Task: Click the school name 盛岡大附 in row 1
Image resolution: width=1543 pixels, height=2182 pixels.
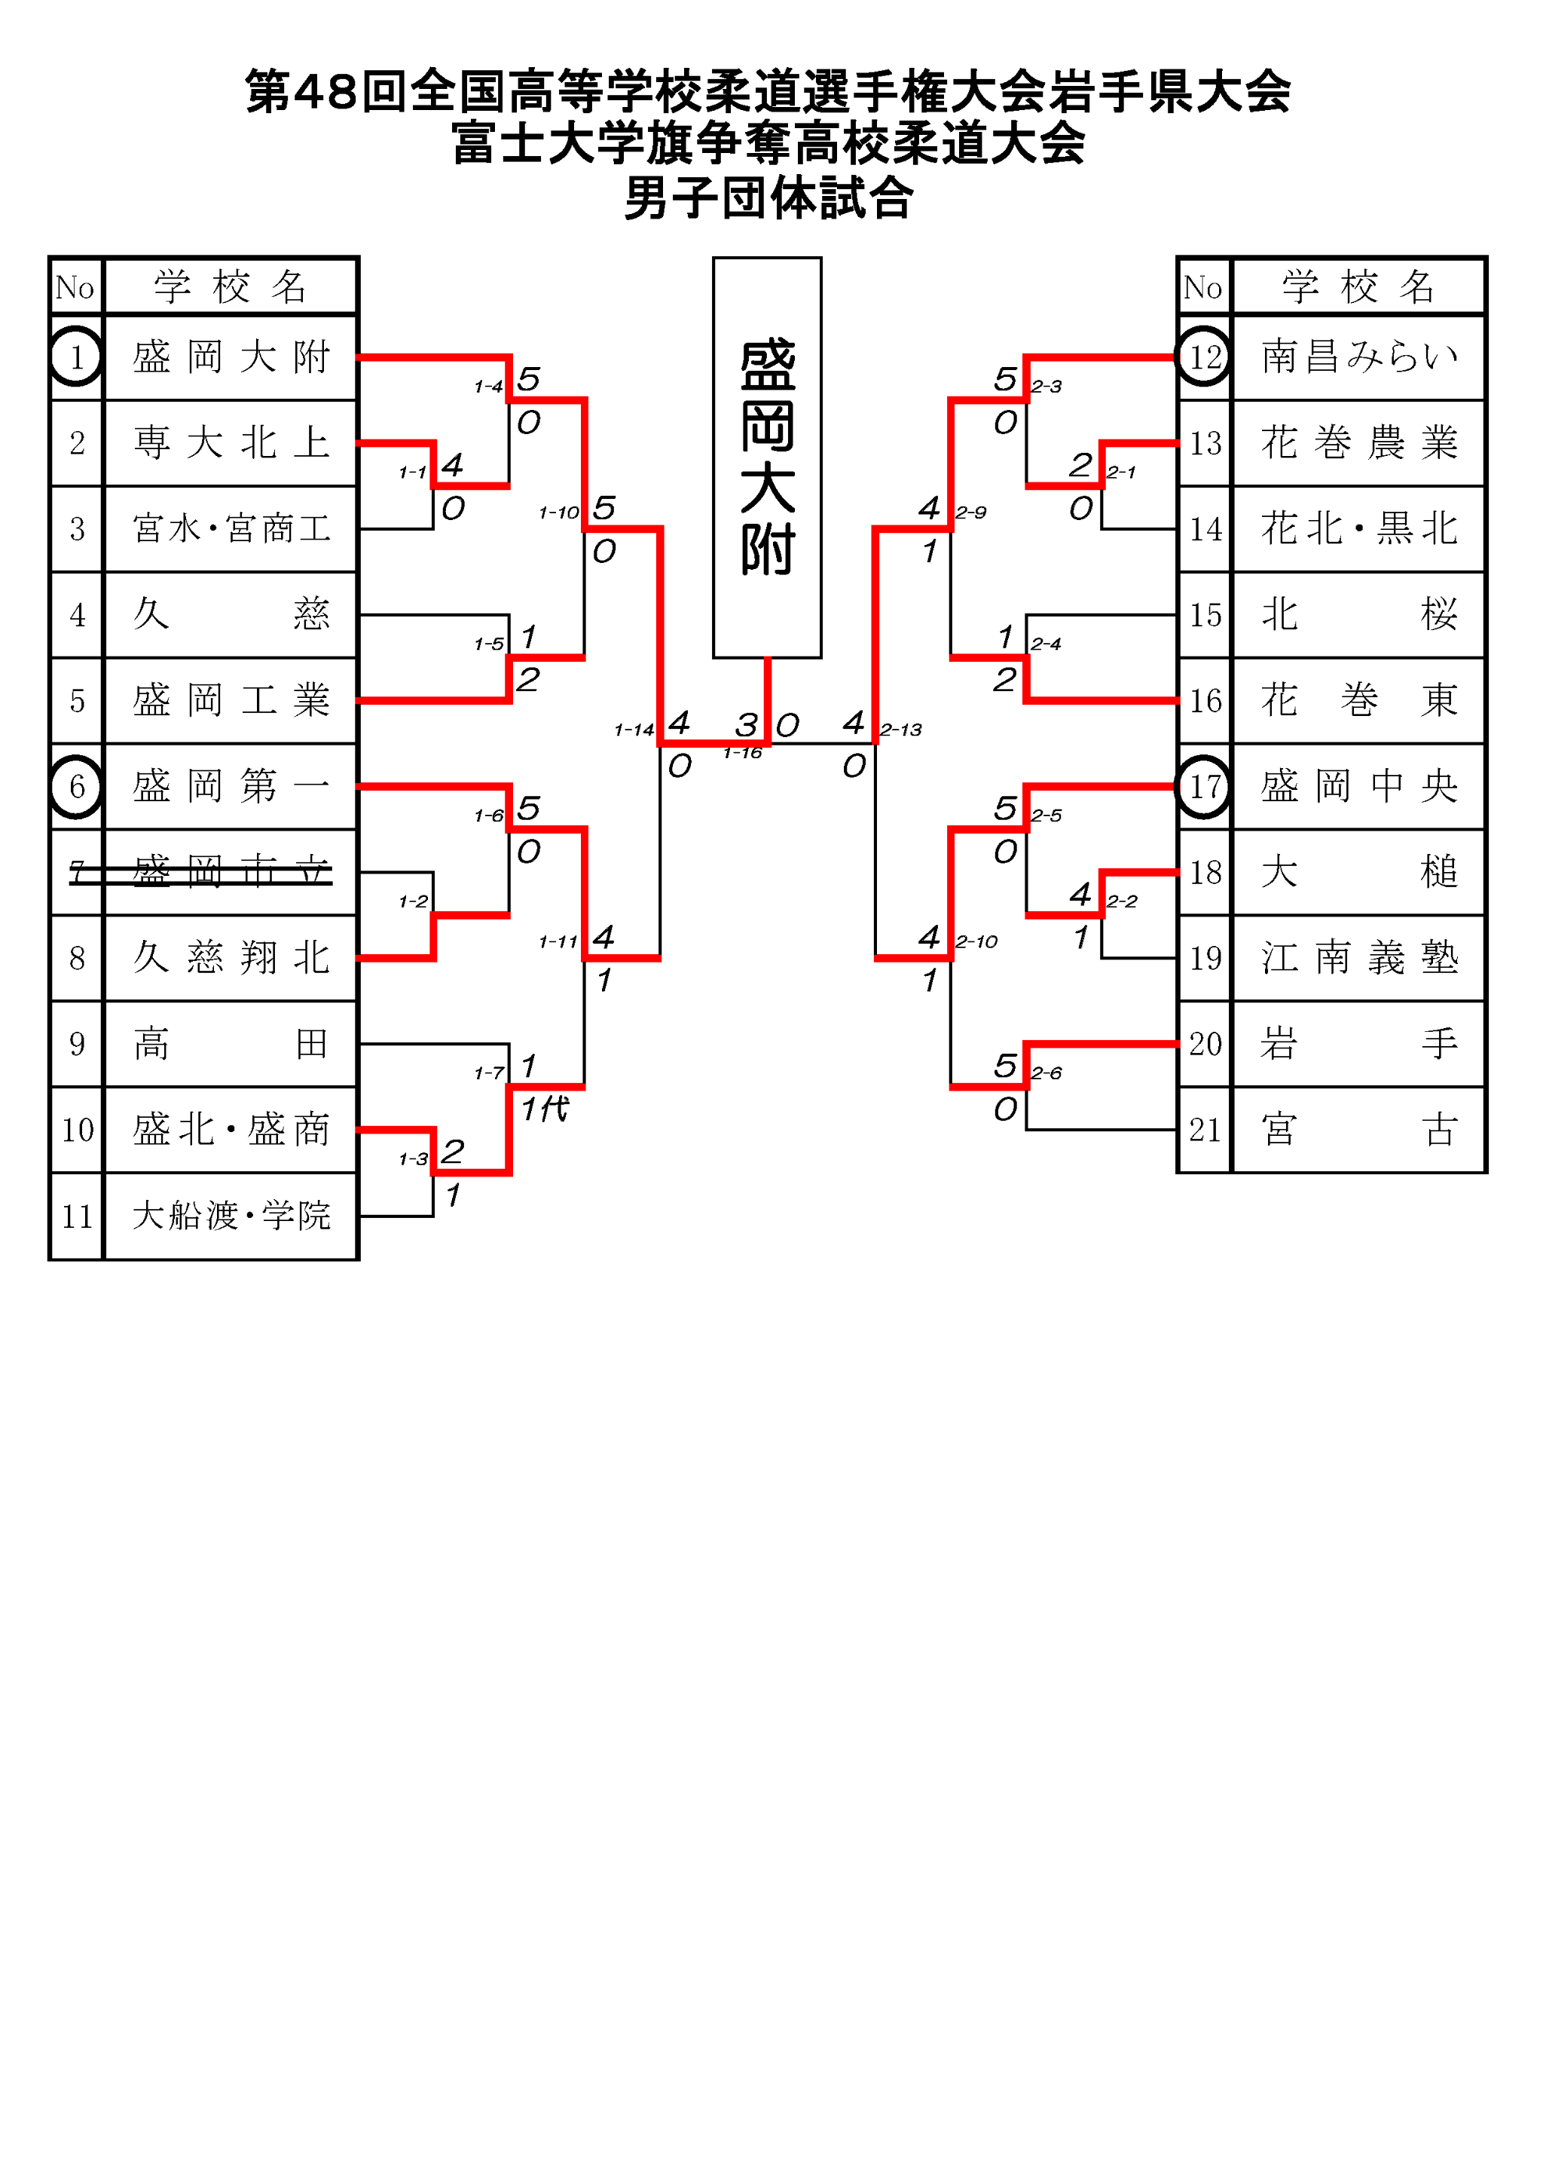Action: (231, 357)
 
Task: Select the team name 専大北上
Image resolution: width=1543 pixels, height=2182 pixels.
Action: (231, 443)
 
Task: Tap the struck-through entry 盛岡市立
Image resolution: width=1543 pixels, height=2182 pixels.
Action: (231, 871)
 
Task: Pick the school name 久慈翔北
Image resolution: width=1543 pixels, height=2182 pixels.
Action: (231, 957)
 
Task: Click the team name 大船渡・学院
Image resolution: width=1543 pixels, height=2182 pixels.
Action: (231, 1216)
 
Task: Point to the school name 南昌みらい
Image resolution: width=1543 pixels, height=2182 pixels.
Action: (1358, 357)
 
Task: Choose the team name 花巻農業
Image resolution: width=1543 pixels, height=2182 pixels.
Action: (1358, 443)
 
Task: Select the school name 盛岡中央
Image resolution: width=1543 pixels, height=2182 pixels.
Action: (1358, 786)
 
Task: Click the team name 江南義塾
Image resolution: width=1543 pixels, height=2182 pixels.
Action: (1358, 957)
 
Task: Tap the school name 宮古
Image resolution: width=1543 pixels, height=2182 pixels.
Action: (1358, 1129)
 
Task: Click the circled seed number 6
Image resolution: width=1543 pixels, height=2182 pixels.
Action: (77, 786)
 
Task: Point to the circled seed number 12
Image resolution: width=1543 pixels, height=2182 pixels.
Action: (1205, 357)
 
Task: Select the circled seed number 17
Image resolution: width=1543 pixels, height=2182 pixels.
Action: (1205, 786)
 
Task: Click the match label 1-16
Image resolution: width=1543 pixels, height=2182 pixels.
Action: (742, 754)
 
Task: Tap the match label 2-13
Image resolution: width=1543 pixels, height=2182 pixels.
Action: (901, 730)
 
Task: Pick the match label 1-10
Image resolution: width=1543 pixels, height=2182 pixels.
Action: (559, 513)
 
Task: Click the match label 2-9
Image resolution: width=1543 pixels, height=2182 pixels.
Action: (971, 513)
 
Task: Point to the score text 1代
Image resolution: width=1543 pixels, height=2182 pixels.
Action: (545, 1108)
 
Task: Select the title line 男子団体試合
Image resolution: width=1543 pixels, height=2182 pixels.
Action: (768, 199)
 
